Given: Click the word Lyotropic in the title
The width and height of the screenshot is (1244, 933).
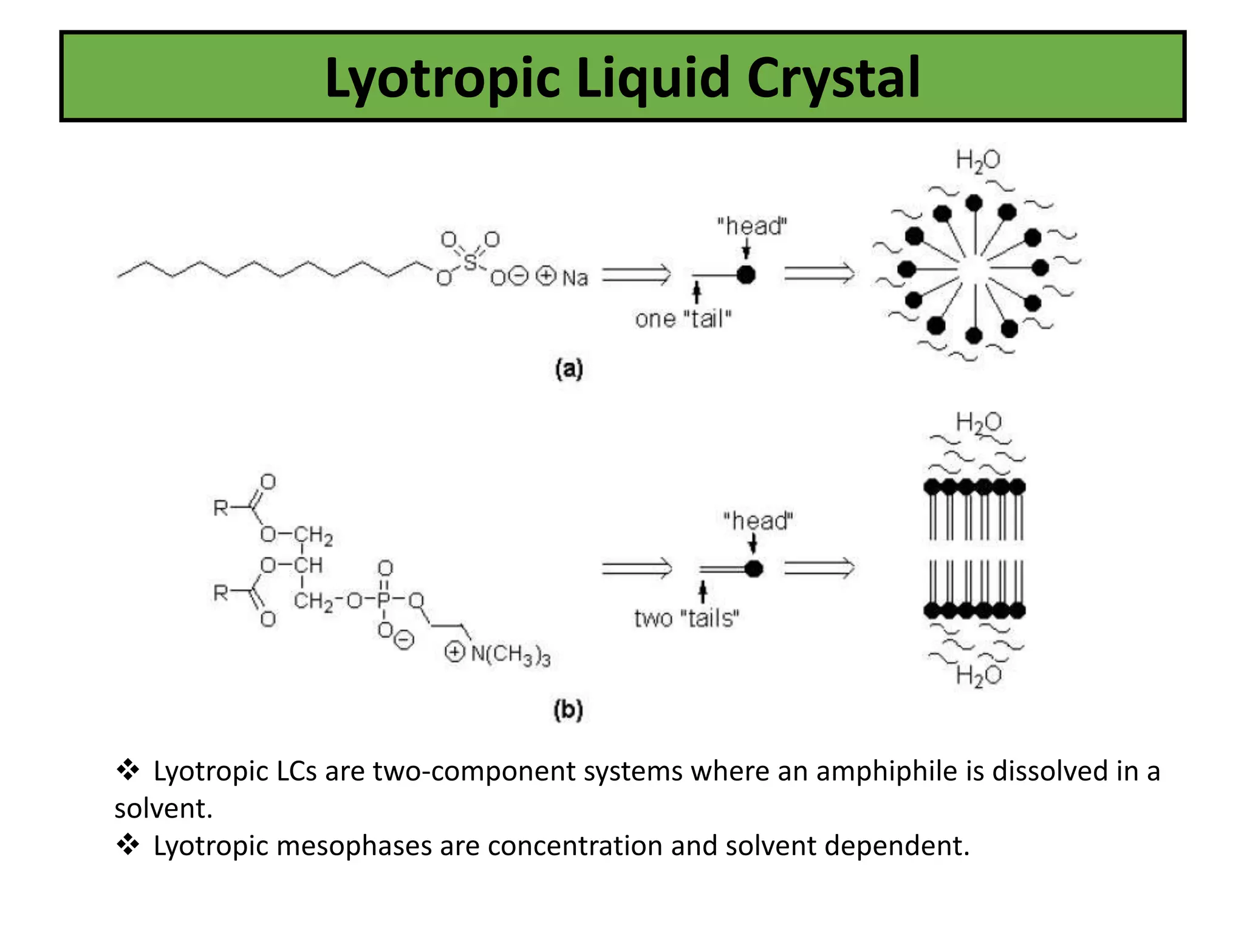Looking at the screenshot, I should [443, 79].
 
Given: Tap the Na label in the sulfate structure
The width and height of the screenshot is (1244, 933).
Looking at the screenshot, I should [575, 278].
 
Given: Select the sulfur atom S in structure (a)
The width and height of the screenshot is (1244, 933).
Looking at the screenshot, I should [470, 262].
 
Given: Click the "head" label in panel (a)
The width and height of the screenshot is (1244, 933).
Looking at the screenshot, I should [751, 226].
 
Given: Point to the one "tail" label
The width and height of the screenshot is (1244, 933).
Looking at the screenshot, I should [683, 318].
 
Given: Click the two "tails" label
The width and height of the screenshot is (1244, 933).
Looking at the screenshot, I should [686, 618].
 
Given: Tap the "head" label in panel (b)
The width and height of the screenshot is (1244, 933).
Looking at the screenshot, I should [757, 521].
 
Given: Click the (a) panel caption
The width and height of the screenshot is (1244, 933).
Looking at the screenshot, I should [569, 369].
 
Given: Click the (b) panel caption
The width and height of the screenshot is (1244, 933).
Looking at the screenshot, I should [569, 709].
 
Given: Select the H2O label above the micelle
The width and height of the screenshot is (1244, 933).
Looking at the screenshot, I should [977, 160].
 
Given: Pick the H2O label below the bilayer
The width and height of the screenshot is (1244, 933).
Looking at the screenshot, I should [978, 675].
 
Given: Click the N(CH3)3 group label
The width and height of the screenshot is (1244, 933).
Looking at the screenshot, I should [510, 654].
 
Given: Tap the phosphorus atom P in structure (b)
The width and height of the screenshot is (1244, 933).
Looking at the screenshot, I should [384, 600].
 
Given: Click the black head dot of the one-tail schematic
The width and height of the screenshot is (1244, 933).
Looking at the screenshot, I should [746, 275].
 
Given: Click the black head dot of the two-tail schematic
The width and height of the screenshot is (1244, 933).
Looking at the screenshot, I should [754, 569].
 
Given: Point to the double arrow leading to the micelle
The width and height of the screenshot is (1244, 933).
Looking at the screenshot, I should [819, 274].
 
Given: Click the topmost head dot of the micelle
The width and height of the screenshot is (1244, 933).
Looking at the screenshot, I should [974, 203].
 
